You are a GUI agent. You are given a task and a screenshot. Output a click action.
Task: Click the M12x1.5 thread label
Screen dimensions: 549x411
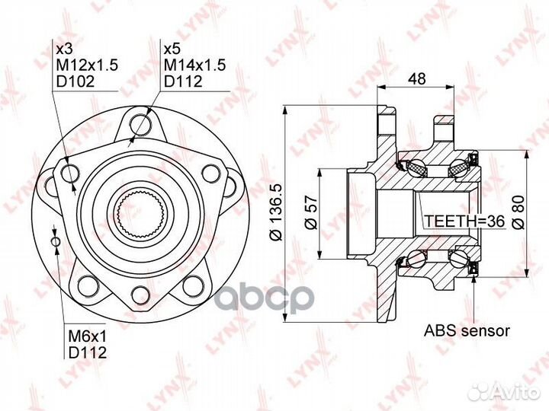click(x=87, y=65)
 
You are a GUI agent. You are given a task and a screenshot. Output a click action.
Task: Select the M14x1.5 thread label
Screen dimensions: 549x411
click(x=195, y=65)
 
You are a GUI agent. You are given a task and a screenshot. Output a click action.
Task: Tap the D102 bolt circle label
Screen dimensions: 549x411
click(x=75, y=81)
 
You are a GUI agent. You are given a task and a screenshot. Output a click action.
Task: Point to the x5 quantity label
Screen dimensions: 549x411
click(x=172, y=49)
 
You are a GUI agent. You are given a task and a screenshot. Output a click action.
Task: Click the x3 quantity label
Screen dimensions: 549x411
click(x=64, y=49)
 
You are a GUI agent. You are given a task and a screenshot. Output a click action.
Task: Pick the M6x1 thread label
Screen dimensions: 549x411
click(x=87, y=336)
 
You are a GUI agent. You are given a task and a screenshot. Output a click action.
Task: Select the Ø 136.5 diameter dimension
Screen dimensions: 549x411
click(x=276, y=212)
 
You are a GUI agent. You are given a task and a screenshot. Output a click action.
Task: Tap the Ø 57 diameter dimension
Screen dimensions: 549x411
click(x=311, y=212)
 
